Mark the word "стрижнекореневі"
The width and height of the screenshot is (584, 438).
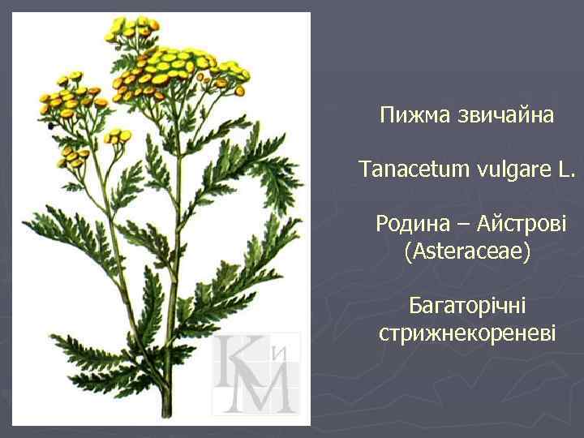[467, 333]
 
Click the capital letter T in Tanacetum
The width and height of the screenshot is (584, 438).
[365, 170]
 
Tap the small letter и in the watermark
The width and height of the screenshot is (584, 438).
[281, 353]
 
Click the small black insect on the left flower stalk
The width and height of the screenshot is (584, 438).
[51, 126]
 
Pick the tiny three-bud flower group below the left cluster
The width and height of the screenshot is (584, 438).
[118, 135]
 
